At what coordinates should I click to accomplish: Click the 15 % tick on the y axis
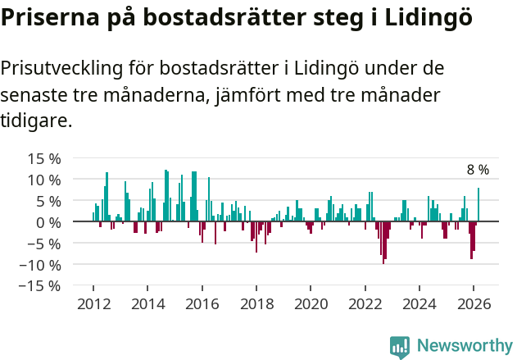(x=43, y=158)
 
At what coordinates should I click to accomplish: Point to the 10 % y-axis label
(x=43, y=180)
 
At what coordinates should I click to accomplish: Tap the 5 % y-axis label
(x=47, y=201)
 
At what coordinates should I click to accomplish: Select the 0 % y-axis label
(x=47, y=222)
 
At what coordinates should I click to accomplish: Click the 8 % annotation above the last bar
(x=478, y=170)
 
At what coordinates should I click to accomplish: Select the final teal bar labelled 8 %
(x=478, y=205)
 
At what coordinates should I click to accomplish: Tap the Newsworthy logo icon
(x=400, y=346)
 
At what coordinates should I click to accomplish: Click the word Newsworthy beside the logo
(x=465, y=346)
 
